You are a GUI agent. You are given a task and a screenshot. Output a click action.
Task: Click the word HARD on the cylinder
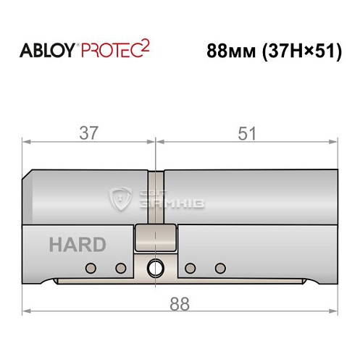tap(77, 244)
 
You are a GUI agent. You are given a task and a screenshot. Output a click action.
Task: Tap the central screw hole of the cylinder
tap(154, 269)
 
